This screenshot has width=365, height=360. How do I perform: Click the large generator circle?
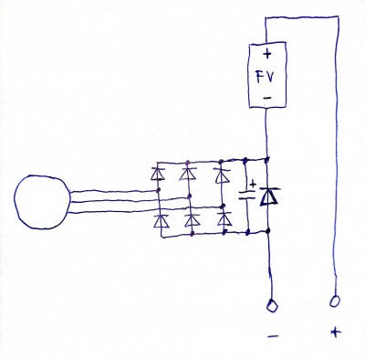click(x=15, y=201)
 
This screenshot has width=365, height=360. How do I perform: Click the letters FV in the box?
click(x=266, y=77)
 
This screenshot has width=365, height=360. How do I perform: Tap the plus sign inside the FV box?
click(x=267, y=54)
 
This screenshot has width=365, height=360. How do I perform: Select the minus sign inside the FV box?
click(x=267, y=98)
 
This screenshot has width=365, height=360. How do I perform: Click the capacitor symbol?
click(x=246, y=196)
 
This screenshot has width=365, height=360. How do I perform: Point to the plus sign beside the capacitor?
click(x=253, y=185)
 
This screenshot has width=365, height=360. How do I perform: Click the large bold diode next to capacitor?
click(x=268, y=196)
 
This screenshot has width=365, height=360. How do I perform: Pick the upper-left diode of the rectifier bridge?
click(x=158, y=174)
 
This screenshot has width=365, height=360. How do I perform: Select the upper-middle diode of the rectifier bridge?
click(x=189, y=174)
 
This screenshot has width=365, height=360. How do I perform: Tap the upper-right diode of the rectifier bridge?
click(x=223, y=176)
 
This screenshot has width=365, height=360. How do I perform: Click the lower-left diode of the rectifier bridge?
click(x=161, y=221)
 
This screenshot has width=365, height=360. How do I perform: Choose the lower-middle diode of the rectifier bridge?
click(x=192, y=220)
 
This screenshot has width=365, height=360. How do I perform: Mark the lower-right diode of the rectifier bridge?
click(x=224, y=219)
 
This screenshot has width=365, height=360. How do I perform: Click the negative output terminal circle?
click(x=272, y=305)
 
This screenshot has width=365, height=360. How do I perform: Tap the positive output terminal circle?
click(x=334, y=302)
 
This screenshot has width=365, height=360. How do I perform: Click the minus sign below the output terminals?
click(x=273, y=336)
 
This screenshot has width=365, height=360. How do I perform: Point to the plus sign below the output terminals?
click(x=336, y=332)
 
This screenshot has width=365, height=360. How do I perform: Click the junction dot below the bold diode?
click(x=268, y=231)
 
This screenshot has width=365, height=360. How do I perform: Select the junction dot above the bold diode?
click(x=267, y=159)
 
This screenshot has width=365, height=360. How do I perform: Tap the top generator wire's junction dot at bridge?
click(x=158, y=190)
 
